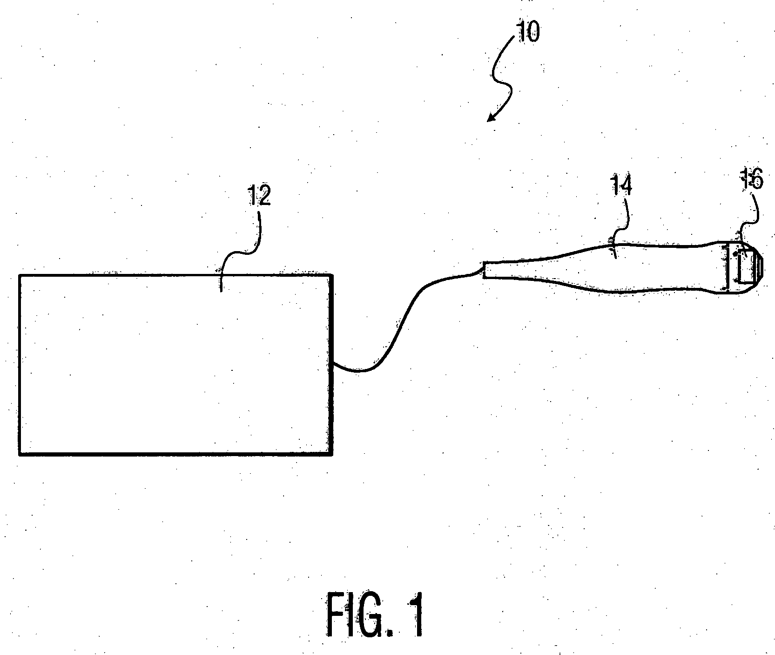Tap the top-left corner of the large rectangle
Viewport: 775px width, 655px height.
point(20,276)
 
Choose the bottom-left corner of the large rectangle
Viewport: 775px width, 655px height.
point(20,453)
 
